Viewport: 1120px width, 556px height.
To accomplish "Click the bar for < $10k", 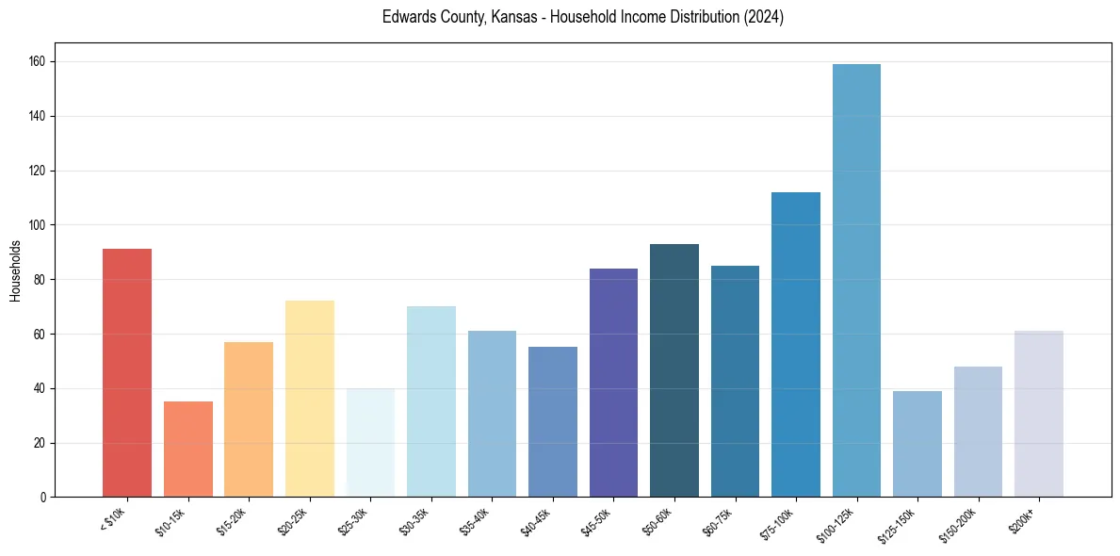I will click(127, 372).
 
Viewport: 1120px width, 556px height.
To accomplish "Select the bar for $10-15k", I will click(188, 449).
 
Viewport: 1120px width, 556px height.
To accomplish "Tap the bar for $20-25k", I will click(310, 399).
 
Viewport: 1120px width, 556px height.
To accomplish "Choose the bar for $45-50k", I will click(613, 383).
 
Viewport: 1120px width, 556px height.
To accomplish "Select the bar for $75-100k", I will click(796, 344).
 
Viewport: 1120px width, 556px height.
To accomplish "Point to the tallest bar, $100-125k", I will click(856, 280).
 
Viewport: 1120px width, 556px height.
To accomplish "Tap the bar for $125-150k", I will click(917, 444).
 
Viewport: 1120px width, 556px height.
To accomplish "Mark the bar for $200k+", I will click(1039, 414).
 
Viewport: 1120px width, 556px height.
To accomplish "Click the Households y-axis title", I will click(15, 270).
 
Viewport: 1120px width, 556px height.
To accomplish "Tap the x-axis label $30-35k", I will click(414, 521).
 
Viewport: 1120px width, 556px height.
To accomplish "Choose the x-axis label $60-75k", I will click(719, 521).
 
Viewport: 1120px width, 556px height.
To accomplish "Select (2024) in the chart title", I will click(763, 17).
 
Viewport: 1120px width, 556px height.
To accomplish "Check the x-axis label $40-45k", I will click(536, 521).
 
